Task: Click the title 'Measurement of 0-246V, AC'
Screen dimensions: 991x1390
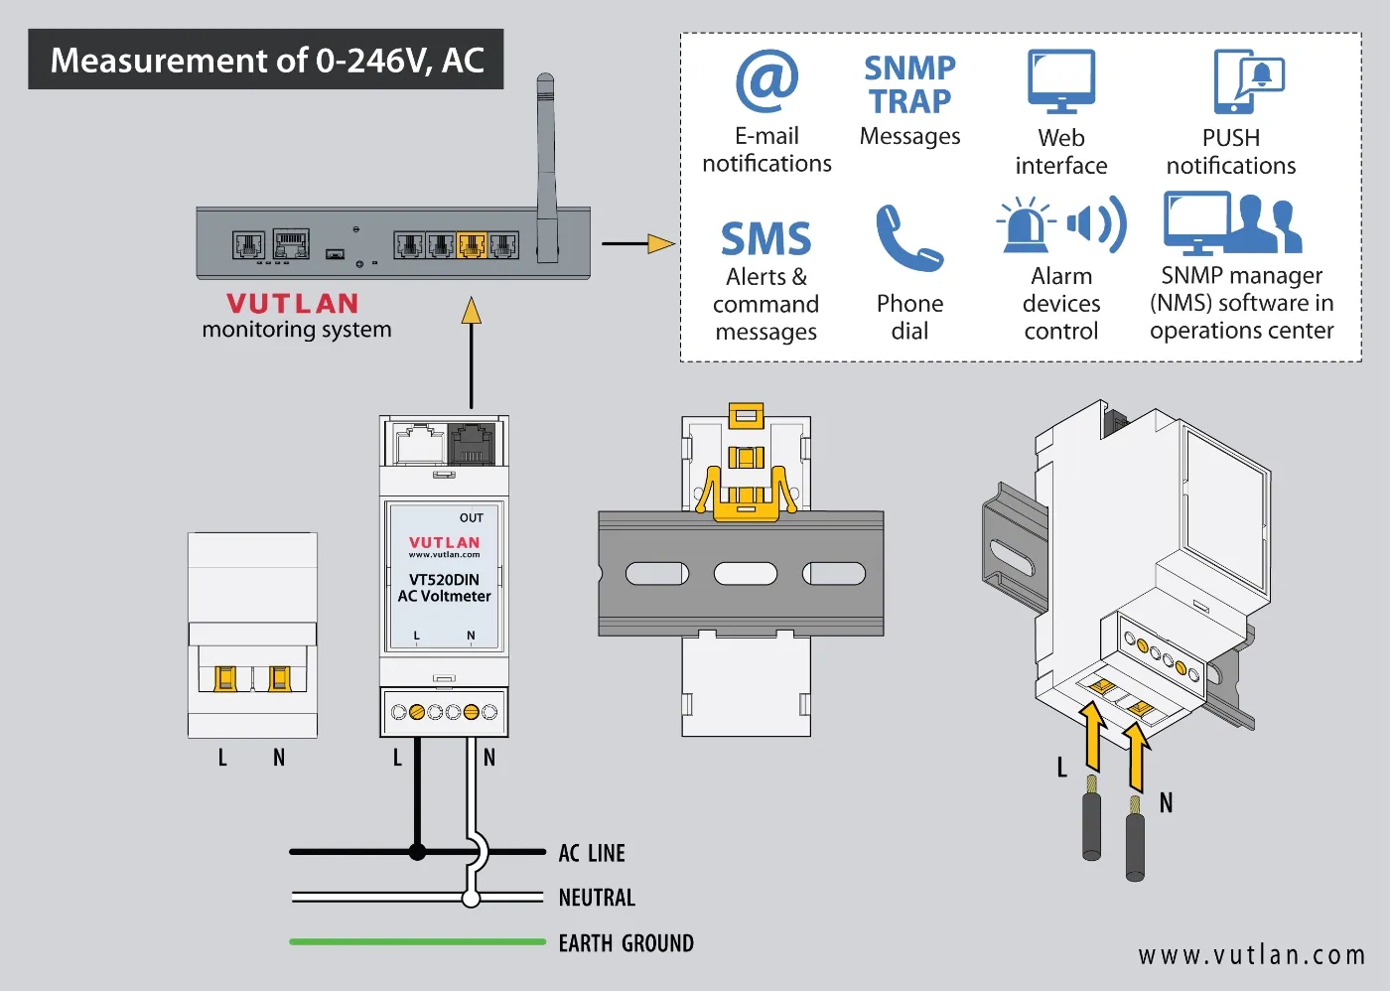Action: pos(266,61)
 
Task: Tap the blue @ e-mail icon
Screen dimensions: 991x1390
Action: pos(766,81)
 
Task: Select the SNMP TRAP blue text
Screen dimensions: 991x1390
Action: pos(909,84)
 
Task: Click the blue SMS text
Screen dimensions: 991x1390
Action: pos(765,239)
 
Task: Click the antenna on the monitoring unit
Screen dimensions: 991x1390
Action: pos(546,159)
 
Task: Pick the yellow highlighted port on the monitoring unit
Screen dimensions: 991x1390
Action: pos(472,243)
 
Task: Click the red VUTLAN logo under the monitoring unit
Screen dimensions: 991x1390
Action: pos(292,303)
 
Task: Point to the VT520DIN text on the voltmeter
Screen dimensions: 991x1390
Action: pos(444,579)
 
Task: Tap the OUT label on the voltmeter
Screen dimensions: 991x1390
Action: pos(472,517)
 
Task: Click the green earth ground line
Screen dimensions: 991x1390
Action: pos(417,941)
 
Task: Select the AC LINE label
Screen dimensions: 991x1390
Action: pos(592,853)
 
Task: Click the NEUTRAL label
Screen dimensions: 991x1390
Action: pos(597,898)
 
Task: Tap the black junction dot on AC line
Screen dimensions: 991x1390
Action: pos(417,852)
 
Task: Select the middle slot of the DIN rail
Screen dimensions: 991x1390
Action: pos(746,573)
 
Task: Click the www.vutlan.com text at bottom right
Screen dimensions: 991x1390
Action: pos(1252,955)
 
